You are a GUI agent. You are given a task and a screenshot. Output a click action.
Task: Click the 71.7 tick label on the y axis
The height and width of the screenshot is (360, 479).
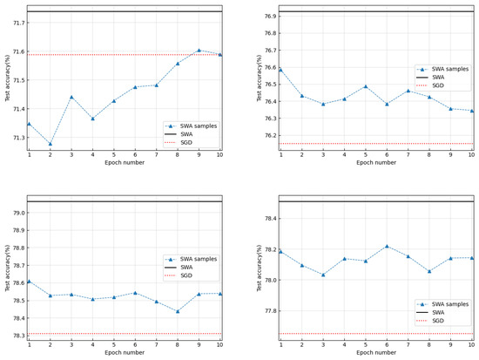pos(16,23)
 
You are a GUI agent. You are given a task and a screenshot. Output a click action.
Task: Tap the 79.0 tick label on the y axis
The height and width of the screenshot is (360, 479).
pos(16,213)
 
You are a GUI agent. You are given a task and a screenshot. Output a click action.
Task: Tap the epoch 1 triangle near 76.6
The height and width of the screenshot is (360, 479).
pos(280,69)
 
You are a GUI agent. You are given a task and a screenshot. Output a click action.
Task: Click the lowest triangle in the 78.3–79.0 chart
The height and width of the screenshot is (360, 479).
pos(178,311)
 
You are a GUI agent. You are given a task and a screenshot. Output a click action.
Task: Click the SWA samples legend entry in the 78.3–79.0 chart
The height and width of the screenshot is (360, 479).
pos(196,259)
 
